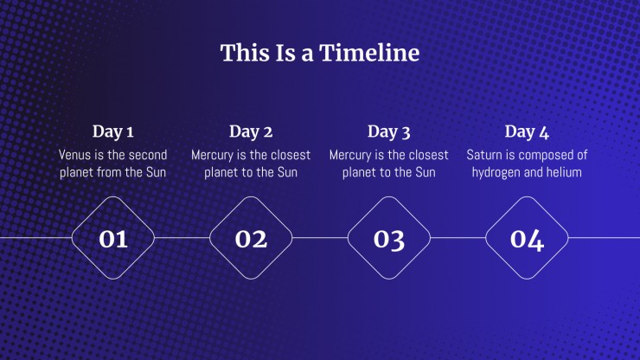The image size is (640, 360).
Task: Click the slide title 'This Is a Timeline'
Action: pyautogui.click(x=320, y=53)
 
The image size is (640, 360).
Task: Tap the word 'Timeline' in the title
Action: pyautogui.click(x=369, y=53)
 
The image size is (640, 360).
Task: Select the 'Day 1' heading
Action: pyautogui.click(x=113, y=132)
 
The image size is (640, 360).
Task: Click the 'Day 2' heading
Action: pyautogui.click(x=251, y=132)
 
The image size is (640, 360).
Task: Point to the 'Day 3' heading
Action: pyautogui.click(x=389, y=132)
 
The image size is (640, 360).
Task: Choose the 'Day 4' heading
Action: pyautogui.click(x=527, y=132)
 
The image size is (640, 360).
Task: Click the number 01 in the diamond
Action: pyautogui.click(x=113, y=239)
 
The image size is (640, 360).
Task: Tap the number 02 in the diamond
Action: pyautogui.click(x=251, y=239)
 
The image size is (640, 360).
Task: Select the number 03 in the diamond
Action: pyautogui.click(x=389, y=240)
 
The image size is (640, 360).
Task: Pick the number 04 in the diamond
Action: pyautogui.click(x=527, y=240)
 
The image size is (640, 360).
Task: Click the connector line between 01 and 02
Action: pyautogui.click(x=182, y=237)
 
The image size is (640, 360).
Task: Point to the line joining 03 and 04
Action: pyautogui.click(x=458, y=237)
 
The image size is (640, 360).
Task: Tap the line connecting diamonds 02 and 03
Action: pyautogui.click(x=320, y=237)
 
